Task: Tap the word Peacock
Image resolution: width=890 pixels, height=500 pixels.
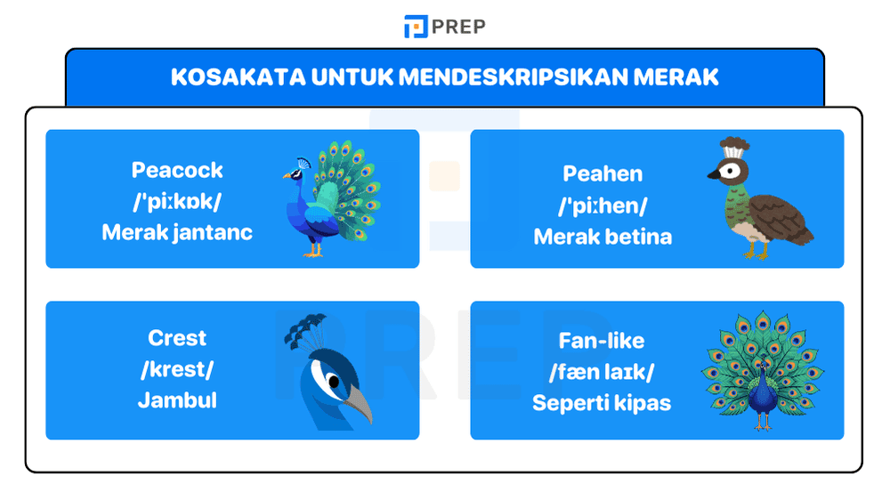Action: point(177,170)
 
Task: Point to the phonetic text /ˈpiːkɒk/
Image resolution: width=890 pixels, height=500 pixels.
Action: point(177,202)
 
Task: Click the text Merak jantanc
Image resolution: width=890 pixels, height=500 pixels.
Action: point(177,233)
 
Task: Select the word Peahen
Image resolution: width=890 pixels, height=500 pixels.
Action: point(603,173)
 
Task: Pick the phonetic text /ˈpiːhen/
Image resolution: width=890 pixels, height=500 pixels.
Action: point(603,206)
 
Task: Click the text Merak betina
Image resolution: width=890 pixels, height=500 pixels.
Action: point(603,237)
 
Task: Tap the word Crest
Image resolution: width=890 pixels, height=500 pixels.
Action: point(177,338)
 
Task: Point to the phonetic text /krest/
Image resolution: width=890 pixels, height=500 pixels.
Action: point(177,369)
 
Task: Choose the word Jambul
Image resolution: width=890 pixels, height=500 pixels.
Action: point(177,400)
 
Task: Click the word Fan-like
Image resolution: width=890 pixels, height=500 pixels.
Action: point(602,341)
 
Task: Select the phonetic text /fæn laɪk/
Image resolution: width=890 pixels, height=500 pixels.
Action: point(602,372)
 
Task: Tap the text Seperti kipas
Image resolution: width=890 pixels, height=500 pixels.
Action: point(602,403)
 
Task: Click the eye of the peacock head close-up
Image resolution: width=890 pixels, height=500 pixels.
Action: point(331,383)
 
